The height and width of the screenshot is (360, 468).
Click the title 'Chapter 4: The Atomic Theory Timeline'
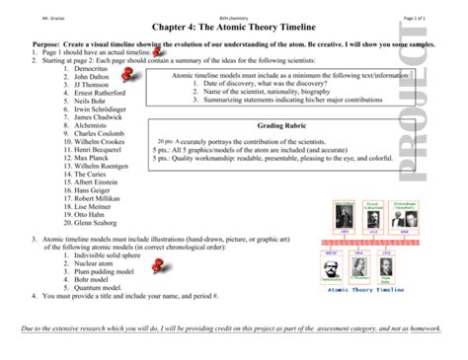click(234, 30)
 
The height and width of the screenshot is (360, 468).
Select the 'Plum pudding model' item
click(84, 270)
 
